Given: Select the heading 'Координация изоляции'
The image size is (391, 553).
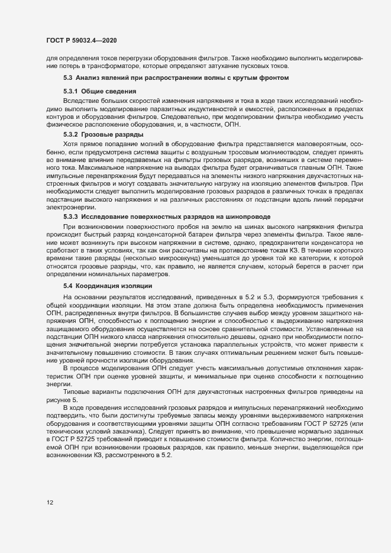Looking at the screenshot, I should pyautogui.click(x=113, y=286).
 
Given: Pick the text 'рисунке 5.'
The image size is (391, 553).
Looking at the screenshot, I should pyautogui.click(x=62, y=400).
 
